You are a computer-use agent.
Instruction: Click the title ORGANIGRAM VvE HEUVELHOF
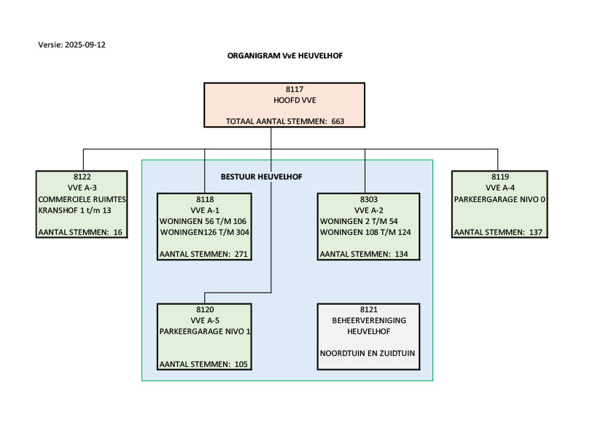pos(284,55)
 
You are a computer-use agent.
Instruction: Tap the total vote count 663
pos(338,122)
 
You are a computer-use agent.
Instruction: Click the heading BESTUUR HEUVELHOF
pos(261,177)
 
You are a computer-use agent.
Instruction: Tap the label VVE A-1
pos(204,209)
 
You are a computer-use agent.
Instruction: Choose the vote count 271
pos(241,254)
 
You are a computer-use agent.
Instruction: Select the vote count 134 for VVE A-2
pos(401,254)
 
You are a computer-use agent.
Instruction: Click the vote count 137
pos(534,232)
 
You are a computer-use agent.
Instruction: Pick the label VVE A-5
pos(204,320)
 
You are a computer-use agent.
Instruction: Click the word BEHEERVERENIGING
pos(368,320)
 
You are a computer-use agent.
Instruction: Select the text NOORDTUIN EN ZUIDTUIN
pos(368,353)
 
